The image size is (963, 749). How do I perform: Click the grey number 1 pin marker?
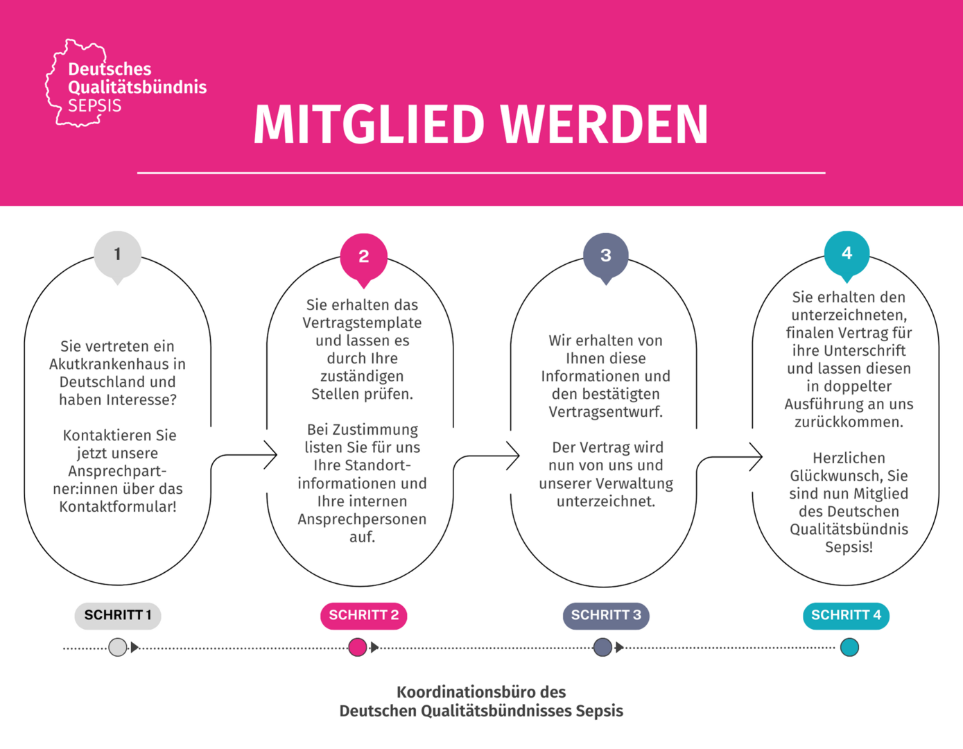pos(117,256)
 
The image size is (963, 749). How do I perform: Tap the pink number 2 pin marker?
pos(363,258)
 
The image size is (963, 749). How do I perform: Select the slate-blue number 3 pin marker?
pos(606,257)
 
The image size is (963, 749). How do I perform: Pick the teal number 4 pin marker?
pos(847,255)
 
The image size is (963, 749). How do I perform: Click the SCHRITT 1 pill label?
pos(117,616)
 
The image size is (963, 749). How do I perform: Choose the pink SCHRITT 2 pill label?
pos(363,616)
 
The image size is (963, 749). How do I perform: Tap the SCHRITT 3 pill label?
pos(606,616)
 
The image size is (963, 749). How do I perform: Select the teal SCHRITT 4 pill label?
pos(846,616)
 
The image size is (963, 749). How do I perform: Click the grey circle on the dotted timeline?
pos(117,647)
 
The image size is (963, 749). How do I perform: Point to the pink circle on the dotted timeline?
pos(357,647)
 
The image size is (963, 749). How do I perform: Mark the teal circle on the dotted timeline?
pos(849,647)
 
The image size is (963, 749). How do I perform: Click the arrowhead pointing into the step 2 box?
pos(270,455)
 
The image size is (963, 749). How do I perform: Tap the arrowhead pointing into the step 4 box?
pos(756,456)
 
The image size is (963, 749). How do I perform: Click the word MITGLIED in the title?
pos(369,124)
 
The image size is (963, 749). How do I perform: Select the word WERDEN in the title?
pos(605,124)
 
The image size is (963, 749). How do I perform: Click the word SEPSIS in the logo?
pos(94,106)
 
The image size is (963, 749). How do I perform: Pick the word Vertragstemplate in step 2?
pos(362,323)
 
